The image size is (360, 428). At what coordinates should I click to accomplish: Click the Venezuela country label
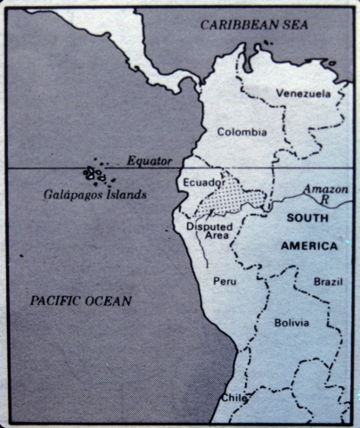click(303, 94)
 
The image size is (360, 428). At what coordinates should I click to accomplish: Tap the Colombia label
click(241, 132)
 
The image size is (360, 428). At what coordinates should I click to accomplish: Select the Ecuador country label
click(203, 183)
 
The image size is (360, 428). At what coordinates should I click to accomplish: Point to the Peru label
click(224, 282)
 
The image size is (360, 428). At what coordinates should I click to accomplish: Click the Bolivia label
click(291, 322)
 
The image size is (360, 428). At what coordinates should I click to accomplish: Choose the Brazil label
click(327, 282)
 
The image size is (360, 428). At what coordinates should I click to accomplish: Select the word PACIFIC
click(58, 301)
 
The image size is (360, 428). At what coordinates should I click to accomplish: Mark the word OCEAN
click(110, 301)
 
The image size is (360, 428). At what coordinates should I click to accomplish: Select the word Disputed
click(208, 227)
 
